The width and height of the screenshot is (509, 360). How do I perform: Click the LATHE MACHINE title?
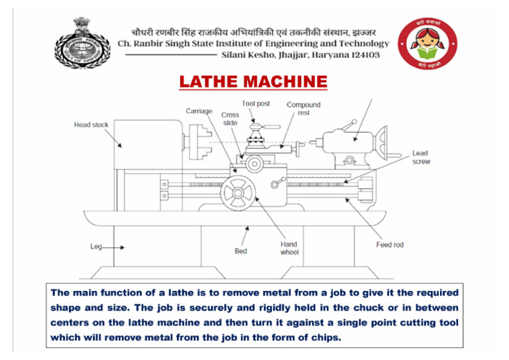(x=253, y=82)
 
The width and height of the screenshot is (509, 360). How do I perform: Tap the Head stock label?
(x=91, y=125)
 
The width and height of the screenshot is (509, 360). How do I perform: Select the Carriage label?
(x=199, y=111)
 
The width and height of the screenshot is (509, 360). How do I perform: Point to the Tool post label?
(x=256, y=104)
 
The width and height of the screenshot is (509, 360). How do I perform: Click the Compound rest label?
(x=304, y=109)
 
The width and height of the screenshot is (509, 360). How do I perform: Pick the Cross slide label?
(x=230, y=119)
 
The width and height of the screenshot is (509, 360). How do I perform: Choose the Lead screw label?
(x=420, y=157)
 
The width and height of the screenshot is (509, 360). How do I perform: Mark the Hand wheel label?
(x=289, y=248)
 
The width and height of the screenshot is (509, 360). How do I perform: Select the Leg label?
(x=97, y=247)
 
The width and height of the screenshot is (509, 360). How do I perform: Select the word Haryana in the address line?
(x=323, y=55)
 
